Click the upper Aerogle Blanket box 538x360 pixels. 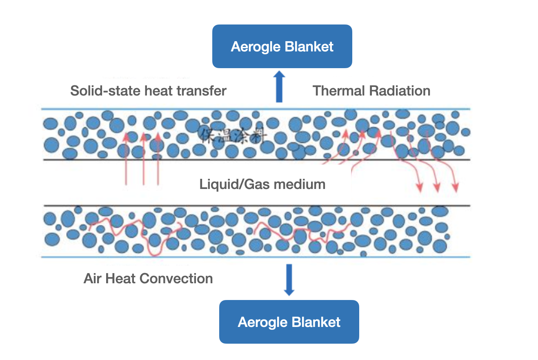[282, 46]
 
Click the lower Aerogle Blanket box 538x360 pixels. [289, 322]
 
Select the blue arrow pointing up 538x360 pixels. [279, 86]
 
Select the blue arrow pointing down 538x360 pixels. [289, 280]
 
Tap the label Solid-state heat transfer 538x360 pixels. [148, 90]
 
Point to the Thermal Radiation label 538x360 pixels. [371, 90]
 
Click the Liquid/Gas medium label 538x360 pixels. [262, 184]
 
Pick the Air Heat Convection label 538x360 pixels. [148, 279]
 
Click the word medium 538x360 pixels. [300, 184]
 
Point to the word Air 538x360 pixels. [92, 279]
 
